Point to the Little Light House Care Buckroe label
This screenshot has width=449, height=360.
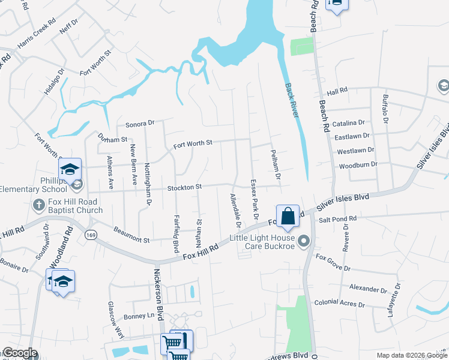pyautogui.click(x=264, y=242)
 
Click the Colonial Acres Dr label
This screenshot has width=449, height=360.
pyautogui.click(x=339, y=303)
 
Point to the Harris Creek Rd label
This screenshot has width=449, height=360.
pyautogui.click(x=35, y=37)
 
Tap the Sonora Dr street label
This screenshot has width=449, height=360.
pyautogui.click(x=140, y=124)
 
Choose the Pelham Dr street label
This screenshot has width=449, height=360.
pyautogui.click(x=276, y=164)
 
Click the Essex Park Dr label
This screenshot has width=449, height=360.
pyautogui.click(x=254, y=199)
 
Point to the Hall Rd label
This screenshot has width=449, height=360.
pyautogui.click(x=337, y=91)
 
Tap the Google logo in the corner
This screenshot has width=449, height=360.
pyautogui.click(x=20, y=353)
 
